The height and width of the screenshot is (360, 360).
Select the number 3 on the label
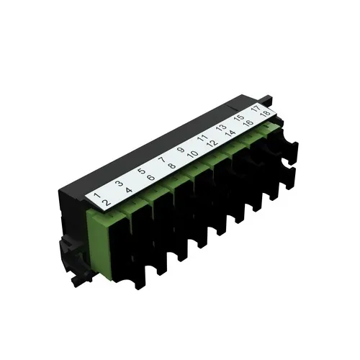119,184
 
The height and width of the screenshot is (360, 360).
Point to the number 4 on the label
128,191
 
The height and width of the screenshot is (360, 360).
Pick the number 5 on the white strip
141,172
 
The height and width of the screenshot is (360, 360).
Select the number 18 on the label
266,113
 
